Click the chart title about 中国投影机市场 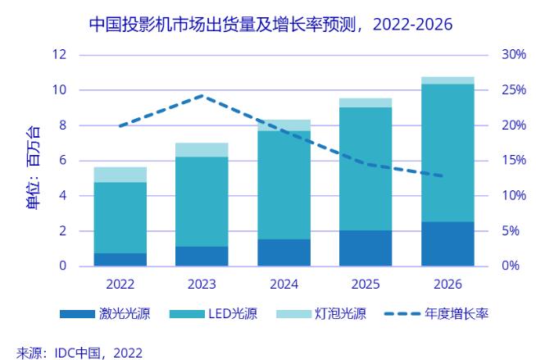(x=270, y=25)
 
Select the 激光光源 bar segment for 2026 (x=447, y=244)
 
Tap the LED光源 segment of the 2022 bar (x=120, y=217)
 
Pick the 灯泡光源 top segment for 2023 (x=202, y=150)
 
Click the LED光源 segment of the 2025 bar (x=366, y=169)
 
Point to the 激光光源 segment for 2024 (x=284, y=253)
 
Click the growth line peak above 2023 (x=202, y=96)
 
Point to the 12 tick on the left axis (x=59, y=55)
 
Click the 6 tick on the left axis (x=62, y=161)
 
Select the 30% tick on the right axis (x=513, y=55)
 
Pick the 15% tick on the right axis (x=513, y=161)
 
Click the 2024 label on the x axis (x=284, y=285)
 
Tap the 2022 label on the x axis (x=120, y=285)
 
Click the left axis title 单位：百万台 (x=33, y=168)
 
